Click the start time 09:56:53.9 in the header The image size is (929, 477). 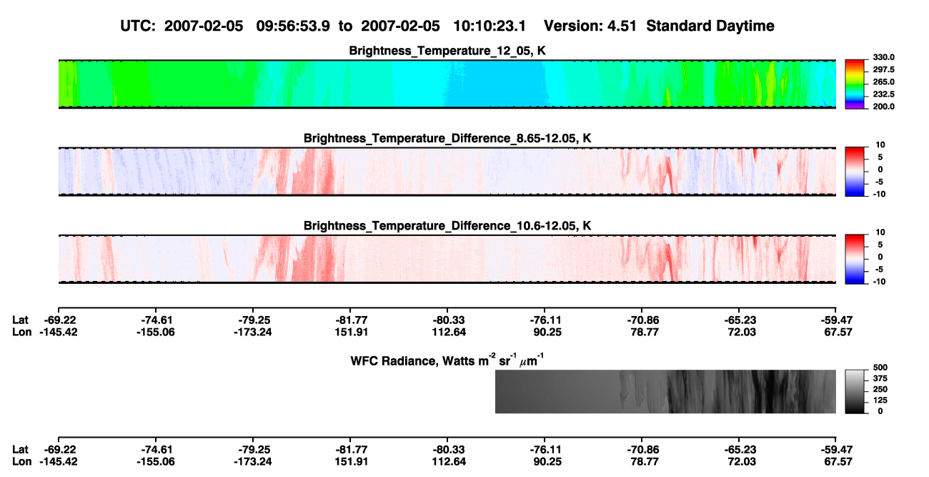click(x=293, y=26)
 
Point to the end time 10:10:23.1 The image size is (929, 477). click(x=490, y=26)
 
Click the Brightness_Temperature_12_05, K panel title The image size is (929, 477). click(x=447, y=51)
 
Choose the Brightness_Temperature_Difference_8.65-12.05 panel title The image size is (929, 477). click(x=447, y=138)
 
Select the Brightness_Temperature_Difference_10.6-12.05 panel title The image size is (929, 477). click(x=447, y=226)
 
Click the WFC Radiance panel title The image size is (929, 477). click(x=447, y=360)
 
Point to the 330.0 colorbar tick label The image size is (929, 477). click(x=883, y=57)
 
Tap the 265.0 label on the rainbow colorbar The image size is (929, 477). click(x=883, y=82)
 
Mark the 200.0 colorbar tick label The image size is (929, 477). click(x=883, y=107)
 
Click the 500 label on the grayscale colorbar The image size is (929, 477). click(x=880, y=368)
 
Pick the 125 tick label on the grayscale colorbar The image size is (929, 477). click(x=880, y=400)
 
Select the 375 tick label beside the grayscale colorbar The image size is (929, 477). click(x=880, y=378)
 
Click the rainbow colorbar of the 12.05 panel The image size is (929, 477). click(x=855, y=84)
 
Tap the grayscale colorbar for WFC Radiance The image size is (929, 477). click(x=855, y=391)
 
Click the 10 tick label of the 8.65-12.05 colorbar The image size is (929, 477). click(x=880, y=145)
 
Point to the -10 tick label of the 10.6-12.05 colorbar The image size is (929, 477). click(x=879, y=282)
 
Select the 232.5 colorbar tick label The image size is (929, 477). click(x=883, y=94)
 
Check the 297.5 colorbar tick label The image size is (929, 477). click(x=883, y=69)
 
